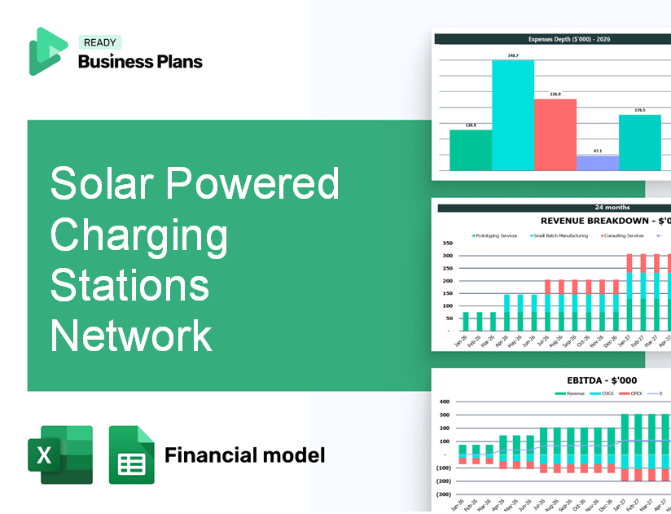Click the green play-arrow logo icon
[46, 51]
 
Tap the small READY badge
[99, 42]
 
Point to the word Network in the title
[130, 335]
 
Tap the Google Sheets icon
[132, 455]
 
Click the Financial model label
[244, 455]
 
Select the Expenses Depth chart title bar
[555, 38]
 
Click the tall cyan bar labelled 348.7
[513, 114]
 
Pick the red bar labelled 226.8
[555, 134]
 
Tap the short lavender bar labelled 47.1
[597, 163]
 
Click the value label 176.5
[640, 110]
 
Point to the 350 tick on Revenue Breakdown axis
[447, 243]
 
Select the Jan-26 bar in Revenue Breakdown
[466, 322]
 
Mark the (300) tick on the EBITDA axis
[445, 494]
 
